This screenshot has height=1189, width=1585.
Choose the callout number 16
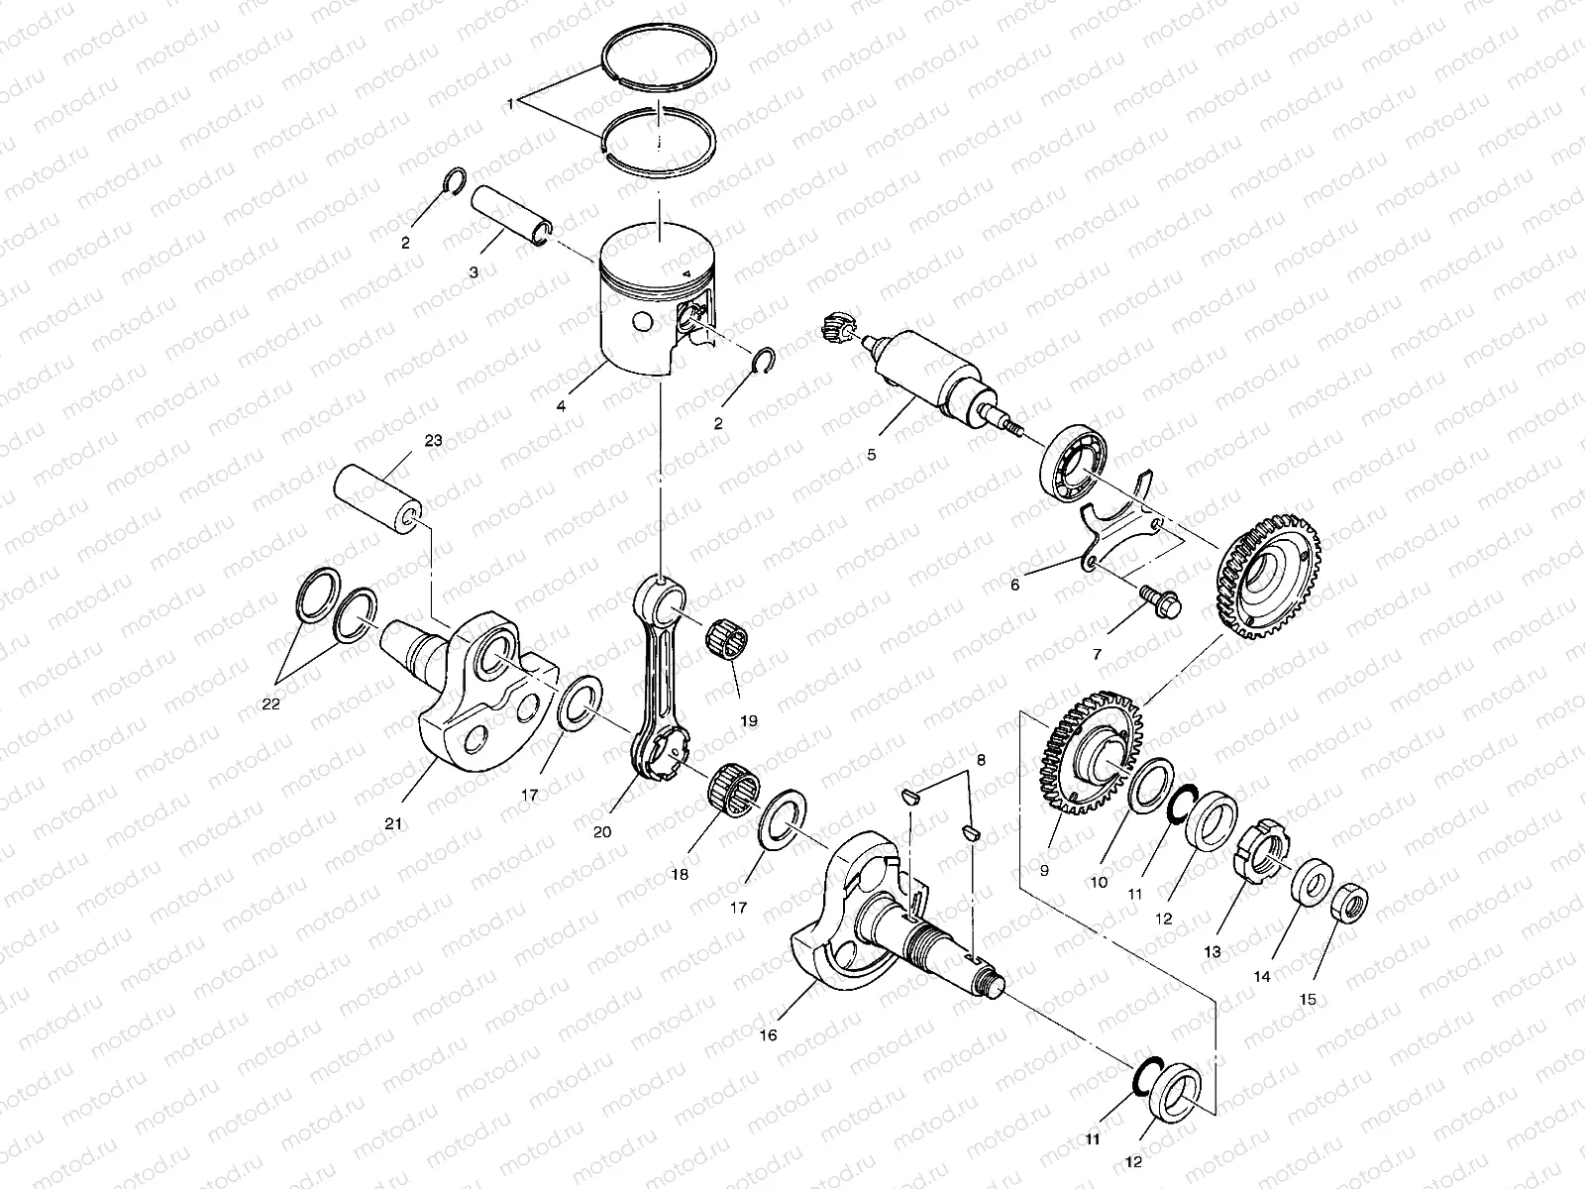[768, 1035]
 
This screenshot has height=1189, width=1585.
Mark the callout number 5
[871, 456]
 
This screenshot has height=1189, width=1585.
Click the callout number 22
[270, 704]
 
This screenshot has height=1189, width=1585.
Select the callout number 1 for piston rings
[510, 103]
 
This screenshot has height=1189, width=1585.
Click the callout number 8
[981, 761]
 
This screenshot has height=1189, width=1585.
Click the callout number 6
[1013, 586]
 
